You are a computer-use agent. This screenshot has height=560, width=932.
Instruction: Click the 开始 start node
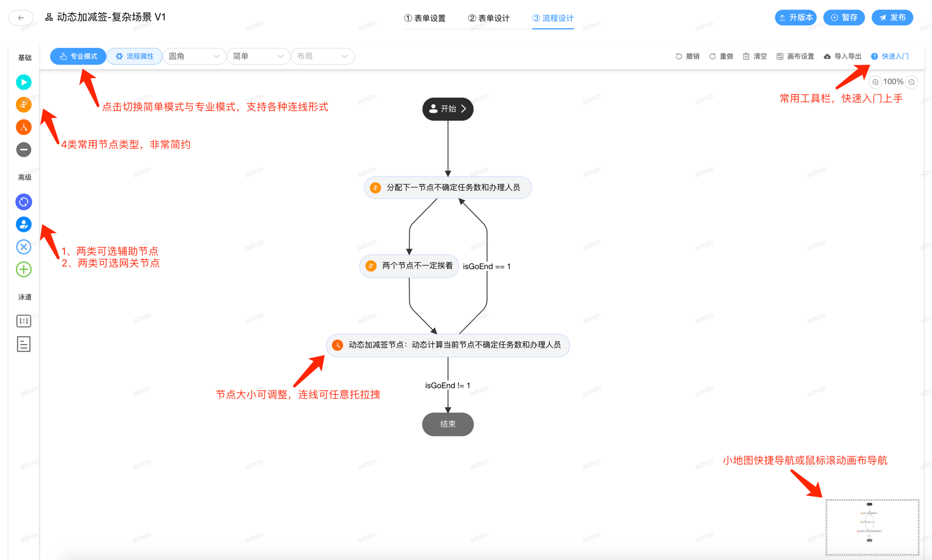448,109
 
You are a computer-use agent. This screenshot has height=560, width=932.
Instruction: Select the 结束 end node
448,424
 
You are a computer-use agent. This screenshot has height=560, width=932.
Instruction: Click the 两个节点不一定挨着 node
409,266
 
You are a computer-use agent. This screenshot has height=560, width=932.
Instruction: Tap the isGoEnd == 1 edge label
487,267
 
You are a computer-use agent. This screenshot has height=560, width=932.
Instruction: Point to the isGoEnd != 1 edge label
448,386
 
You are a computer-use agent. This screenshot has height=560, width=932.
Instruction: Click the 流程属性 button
134,56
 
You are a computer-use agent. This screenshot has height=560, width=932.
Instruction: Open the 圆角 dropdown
194,56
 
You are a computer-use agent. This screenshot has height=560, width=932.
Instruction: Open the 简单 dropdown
258,56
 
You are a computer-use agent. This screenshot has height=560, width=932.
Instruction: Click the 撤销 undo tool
687,56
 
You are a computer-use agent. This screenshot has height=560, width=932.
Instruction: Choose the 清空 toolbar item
755,56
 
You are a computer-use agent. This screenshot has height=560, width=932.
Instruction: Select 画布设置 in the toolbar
795,56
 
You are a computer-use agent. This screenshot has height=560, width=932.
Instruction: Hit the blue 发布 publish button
892,17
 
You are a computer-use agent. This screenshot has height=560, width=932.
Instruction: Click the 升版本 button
795,17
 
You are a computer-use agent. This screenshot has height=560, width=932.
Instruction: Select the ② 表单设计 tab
489,18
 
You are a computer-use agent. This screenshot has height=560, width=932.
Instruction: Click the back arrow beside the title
21,17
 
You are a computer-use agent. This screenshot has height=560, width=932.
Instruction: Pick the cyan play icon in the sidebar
24,82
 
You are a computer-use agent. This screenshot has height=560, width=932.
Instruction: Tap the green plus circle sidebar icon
24,269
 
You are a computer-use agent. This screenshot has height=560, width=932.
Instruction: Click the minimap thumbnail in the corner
872,527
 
